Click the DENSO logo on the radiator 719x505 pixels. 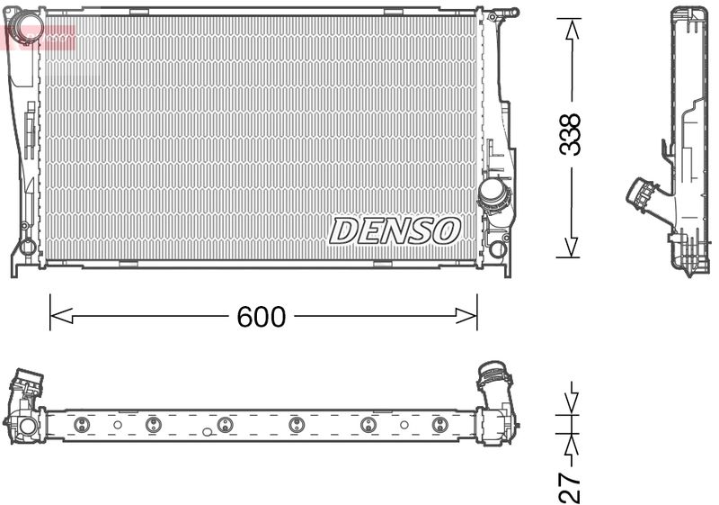point(395,230)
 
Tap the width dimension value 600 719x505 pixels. point(261,317)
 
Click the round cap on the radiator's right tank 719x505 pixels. point(493,191)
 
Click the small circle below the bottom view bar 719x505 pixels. point(208,431)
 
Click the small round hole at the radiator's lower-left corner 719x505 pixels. point(27,245)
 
